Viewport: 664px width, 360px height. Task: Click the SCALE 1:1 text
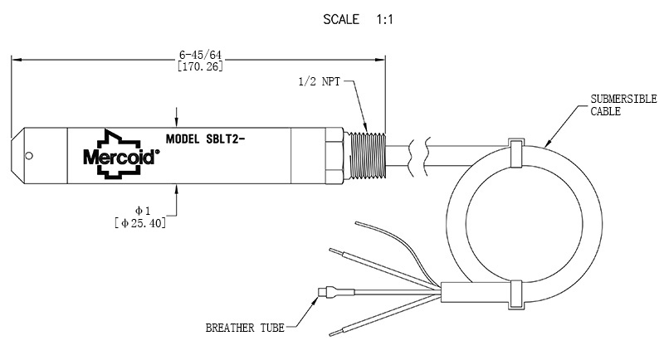tap(358, 19)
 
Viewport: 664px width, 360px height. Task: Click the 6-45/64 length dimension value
tap(200, 55)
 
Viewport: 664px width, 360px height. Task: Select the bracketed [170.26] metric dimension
tap(200, 66)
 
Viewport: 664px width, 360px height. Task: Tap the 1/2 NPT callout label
tap(320, 81)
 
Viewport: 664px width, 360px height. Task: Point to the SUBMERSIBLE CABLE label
tap(623, 105)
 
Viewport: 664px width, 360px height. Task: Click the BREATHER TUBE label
tap(245, 328)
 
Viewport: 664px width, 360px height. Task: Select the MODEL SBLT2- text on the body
tap(205, 139)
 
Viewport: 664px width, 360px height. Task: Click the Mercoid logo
tap(121, 155)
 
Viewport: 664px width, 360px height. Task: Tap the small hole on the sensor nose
tap(29, 156)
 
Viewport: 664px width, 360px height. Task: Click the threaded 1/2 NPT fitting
tap(369, 156)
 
